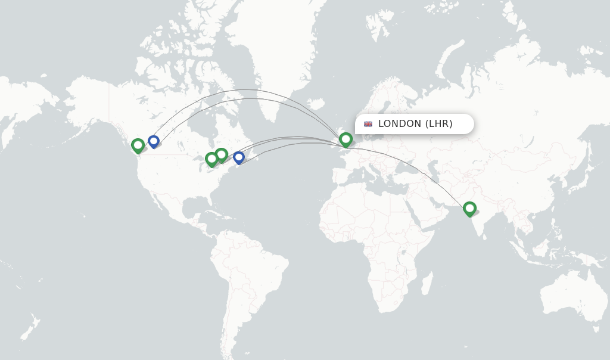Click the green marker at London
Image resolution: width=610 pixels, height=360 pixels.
pyautogui.click(x=346, y=139)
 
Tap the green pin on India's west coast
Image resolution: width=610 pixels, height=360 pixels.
pyautogui.click(x=469, y=208)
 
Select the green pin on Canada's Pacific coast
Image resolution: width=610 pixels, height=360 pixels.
pyautogui.click(x=138, y=145)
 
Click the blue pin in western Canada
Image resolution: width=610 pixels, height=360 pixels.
pyautogui.click(x=154, y=141)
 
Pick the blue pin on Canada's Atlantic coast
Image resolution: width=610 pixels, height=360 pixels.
pyautogui.click(x=239, y=157)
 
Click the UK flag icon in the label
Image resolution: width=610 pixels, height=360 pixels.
pyautogui.click(x=368, y=124)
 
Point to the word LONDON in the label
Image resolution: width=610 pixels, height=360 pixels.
pyautogui.click(x=399, y=124)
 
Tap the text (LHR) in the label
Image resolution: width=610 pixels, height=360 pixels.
pyautogui.click(x=439, y=124)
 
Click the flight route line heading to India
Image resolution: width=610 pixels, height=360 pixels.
pyautogui.click(x=417, y=167)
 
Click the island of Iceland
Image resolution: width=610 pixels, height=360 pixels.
pyautogui.click(x=316, y=104)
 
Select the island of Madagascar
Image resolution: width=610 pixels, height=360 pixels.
pyautogui.click(x=427, y=283)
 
